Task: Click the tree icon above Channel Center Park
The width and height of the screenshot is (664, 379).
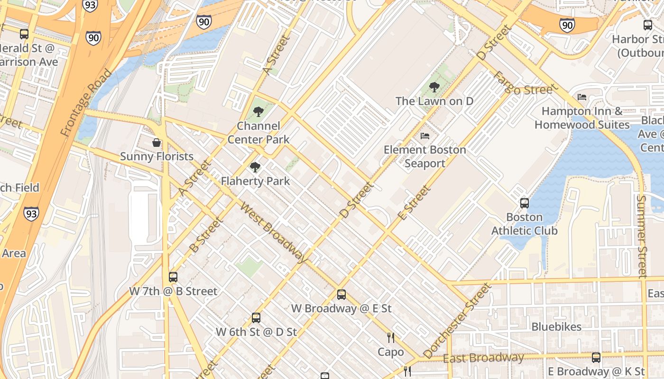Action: click(x=258, y=112)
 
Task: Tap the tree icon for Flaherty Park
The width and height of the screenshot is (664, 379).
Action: click(x=255, y=167)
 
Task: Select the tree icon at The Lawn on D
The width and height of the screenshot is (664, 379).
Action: click(x=434, y=87)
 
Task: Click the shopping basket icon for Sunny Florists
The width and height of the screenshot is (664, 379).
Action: click(x=157, y=143)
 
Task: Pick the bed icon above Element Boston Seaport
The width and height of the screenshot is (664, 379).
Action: click(x=425, y=136)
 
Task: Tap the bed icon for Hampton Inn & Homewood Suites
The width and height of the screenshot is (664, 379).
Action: click(x=582, y=97)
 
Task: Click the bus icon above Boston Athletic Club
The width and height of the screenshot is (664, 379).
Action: click(x=525, y=203)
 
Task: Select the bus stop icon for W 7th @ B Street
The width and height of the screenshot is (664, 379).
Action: click(x=173, y=277)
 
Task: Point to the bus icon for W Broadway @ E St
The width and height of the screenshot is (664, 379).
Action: click(x=341, y=295)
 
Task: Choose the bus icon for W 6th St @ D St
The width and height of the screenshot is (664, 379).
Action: click(x=256, y=318)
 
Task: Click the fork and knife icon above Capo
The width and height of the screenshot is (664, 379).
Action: click(x=391, y=338)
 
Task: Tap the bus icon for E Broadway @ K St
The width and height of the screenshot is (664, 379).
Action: click(x=596, y=358)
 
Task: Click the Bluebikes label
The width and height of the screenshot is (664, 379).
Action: click(x=556, y=327)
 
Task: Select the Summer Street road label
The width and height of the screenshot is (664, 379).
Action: click(x=642, y=235)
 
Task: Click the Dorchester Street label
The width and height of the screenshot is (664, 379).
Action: click(x=457, y=321)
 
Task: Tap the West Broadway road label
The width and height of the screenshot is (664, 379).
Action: click(x=274, y=232)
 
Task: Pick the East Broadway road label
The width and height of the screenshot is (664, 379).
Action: click(x=483, y=358)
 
